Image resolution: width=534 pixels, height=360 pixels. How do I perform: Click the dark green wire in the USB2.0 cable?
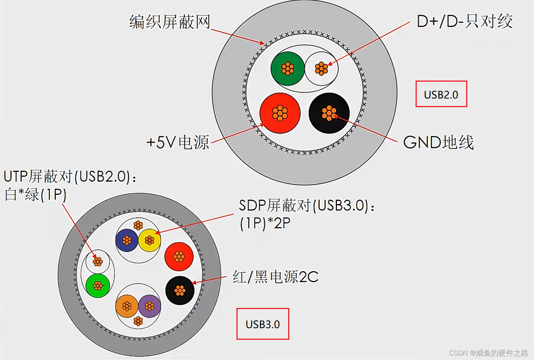click(287, 69)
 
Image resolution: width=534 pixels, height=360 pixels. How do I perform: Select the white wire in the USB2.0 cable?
click(321, 69)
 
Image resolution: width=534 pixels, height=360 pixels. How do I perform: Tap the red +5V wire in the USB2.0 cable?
click(280, 113)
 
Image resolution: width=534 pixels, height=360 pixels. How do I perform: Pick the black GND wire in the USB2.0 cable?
click(329, 113)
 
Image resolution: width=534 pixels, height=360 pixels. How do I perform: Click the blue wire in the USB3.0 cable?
click(127, 240)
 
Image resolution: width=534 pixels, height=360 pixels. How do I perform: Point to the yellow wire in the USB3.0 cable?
click(150, 240)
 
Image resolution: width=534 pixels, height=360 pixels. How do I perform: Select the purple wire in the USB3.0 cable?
click(150, 306)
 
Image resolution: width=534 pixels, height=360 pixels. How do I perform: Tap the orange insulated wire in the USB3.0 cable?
click(127, 306)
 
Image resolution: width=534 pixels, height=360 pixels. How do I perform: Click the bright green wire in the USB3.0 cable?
click(97, 286)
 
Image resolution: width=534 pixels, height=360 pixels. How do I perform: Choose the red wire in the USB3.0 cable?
click(179, 257)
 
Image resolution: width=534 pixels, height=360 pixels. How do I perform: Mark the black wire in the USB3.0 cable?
click(180, 290)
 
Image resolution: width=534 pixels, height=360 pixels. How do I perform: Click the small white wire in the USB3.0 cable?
click(97, 261)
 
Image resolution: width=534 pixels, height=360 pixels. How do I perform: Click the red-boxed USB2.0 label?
click(441, 94)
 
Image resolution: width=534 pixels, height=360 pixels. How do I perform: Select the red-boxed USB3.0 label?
click(263, 324)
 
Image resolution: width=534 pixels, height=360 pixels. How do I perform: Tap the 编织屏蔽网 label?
click(170, 22)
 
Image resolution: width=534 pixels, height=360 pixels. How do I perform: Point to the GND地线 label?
click(438, 142)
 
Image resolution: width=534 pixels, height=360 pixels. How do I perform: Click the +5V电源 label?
click(178, 142)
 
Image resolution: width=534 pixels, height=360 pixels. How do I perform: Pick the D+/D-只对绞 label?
click(464, 21)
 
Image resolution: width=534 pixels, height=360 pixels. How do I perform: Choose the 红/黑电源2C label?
click(275, 277)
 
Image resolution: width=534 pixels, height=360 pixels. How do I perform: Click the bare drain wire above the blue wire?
click(138, 225)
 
